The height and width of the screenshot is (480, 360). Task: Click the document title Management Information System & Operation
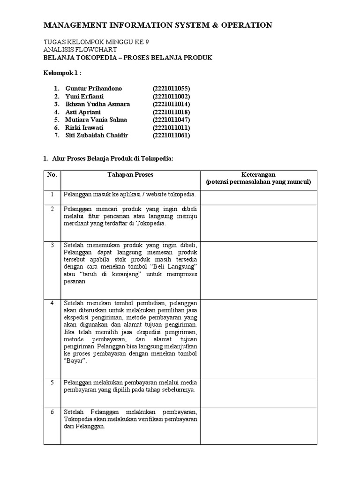(157, 25)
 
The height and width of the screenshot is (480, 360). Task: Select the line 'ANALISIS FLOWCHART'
(80, 49)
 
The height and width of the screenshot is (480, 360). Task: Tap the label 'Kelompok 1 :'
(62, 73)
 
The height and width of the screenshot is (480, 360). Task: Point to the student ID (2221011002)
(171, 96)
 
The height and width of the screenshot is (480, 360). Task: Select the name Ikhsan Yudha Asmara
(97, 104)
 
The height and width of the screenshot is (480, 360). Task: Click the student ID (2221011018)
(171, 112)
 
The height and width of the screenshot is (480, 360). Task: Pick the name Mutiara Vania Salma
(96, 120)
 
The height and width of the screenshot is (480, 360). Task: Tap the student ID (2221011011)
(171, 127)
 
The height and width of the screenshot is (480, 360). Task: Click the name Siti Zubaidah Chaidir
(97, 135)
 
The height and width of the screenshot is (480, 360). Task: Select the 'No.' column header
(52, 175)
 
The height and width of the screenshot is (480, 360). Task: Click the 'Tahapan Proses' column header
(131, 175)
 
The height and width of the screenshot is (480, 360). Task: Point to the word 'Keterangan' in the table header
(259, 175)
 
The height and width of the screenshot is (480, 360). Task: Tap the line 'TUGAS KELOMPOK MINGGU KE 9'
(96, 42)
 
